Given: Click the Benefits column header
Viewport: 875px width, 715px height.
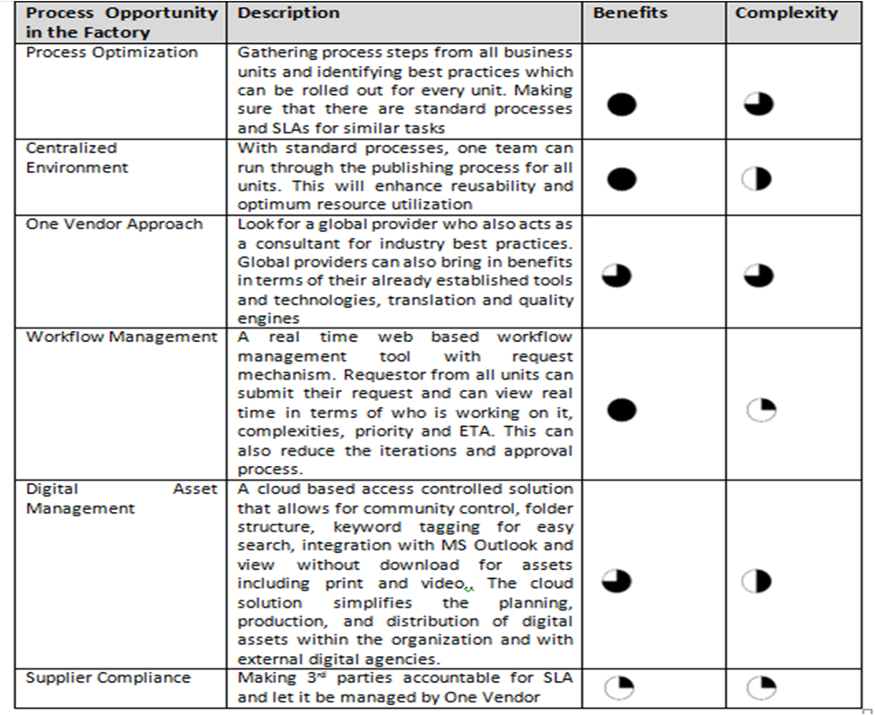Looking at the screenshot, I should coord(630,13).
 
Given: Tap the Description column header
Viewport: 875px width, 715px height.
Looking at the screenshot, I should coord(288,13).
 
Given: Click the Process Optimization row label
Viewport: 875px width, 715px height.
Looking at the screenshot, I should coord(112,53).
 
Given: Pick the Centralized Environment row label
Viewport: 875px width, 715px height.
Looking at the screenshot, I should coord(77,157).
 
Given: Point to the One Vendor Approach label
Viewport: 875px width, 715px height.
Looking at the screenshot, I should coord(115,224).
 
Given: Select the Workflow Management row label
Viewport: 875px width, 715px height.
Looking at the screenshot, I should coord(122,337).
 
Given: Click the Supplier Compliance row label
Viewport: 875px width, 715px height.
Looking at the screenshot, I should coord(108,677).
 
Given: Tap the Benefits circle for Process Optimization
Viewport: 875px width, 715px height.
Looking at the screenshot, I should coord(622,105).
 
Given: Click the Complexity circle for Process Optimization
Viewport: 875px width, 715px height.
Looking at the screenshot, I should coord(759,105).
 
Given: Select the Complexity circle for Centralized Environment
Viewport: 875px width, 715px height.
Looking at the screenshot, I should coord(757,179).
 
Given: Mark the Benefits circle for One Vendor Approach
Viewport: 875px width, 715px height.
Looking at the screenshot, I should coord(616,276).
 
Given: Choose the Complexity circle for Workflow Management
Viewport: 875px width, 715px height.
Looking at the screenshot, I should coord(760,411).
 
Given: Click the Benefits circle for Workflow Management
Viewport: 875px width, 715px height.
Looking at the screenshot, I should coord(622,411).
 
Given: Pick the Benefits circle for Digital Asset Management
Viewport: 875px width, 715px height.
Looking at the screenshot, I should coord(616,581).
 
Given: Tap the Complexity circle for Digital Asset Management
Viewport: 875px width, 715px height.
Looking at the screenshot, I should coord(757,581).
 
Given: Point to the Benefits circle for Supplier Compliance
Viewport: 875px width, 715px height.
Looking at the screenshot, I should coord(619,687).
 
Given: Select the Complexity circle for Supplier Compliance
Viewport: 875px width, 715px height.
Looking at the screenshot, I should coord(761,687).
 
